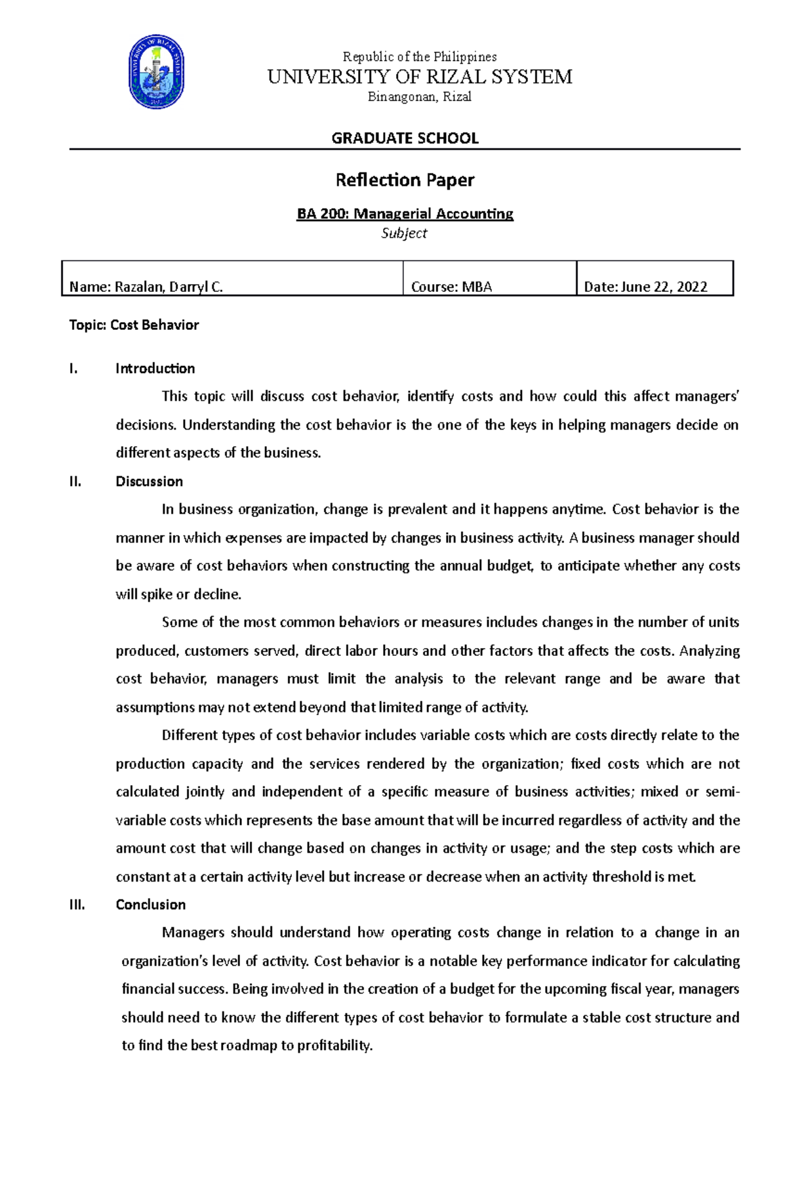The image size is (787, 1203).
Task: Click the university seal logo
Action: pyautogui.click(x=156, y=72)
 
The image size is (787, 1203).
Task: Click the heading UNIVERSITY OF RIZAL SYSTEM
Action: pyautogui.click(x=420, y=77)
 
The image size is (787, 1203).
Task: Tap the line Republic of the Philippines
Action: pyautogui.click(x=420, y=56)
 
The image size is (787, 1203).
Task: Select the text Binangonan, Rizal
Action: pyautogui.click(x=420, y=97)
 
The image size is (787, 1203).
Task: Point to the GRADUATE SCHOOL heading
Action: pyautogui.click(x=405, y=138)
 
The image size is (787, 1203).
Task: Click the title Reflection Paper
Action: pyautogui.click(x=405, y=180)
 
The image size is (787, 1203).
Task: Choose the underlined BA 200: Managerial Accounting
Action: pyautogui.click(x=405, y=213)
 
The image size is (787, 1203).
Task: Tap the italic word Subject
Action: pyautogui.click(x=404, y=233)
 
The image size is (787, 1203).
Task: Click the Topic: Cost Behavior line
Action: pyautogui.click(x=134, y=325)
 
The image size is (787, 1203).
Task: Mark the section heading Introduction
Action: pyautogui.click(x=155, y=368)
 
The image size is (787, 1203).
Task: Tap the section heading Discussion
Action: pyautogui.click(x=149, y=481)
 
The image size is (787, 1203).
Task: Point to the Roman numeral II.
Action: pyautogui.click(x=75, y=481)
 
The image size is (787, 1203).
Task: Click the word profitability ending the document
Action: pyautogui.click(x=334, y=1046)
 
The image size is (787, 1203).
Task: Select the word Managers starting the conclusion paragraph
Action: pyautogui.click(x=193, y=932)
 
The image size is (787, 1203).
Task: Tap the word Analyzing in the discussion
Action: pyautogui.click(x=710, y=650)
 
